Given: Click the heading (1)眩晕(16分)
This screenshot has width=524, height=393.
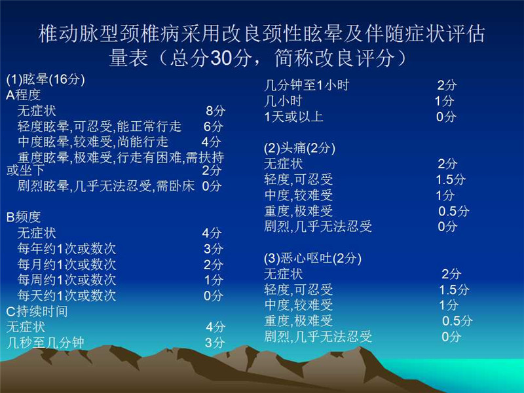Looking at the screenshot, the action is pos(45,79).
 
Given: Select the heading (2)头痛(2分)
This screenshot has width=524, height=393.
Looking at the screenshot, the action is pos(299,148).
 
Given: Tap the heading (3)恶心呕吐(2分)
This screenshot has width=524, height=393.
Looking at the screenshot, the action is pos(313,258).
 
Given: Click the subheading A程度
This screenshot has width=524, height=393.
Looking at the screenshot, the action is pos(24,95).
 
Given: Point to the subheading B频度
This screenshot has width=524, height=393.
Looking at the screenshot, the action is pos(24,217).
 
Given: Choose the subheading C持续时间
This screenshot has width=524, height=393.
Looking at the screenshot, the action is pos(37,312).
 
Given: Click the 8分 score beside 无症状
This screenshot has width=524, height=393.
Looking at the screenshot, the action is pos(215,111).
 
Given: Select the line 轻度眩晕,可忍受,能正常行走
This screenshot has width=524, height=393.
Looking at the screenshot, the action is pos(100,126).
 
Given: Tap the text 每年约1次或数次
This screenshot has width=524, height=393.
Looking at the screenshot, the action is pos(67,249).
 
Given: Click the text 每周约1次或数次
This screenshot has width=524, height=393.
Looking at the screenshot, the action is pos(67,280).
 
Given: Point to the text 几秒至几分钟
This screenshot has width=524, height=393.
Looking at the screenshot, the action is pos(45,343).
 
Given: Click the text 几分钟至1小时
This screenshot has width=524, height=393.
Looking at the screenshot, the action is pos(307,86).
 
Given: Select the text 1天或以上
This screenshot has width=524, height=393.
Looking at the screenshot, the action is pos(293,117).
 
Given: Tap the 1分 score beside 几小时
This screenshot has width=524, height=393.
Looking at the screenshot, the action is pos(445,101).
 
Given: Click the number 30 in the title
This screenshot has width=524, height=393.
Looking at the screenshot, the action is pos(221,58).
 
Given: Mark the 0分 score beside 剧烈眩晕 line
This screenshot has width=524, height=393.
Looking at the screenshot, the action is pos(212,186).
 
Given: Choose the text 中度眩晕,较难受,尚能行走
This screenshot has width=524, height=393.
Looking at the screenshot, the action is pos(93,142).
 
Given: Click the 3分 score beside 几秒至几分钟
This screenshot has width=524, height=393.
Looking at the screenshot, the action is pos(215,343).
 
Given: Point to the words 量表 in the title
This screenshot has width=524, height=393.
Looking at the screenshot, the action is pos(128,58).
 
